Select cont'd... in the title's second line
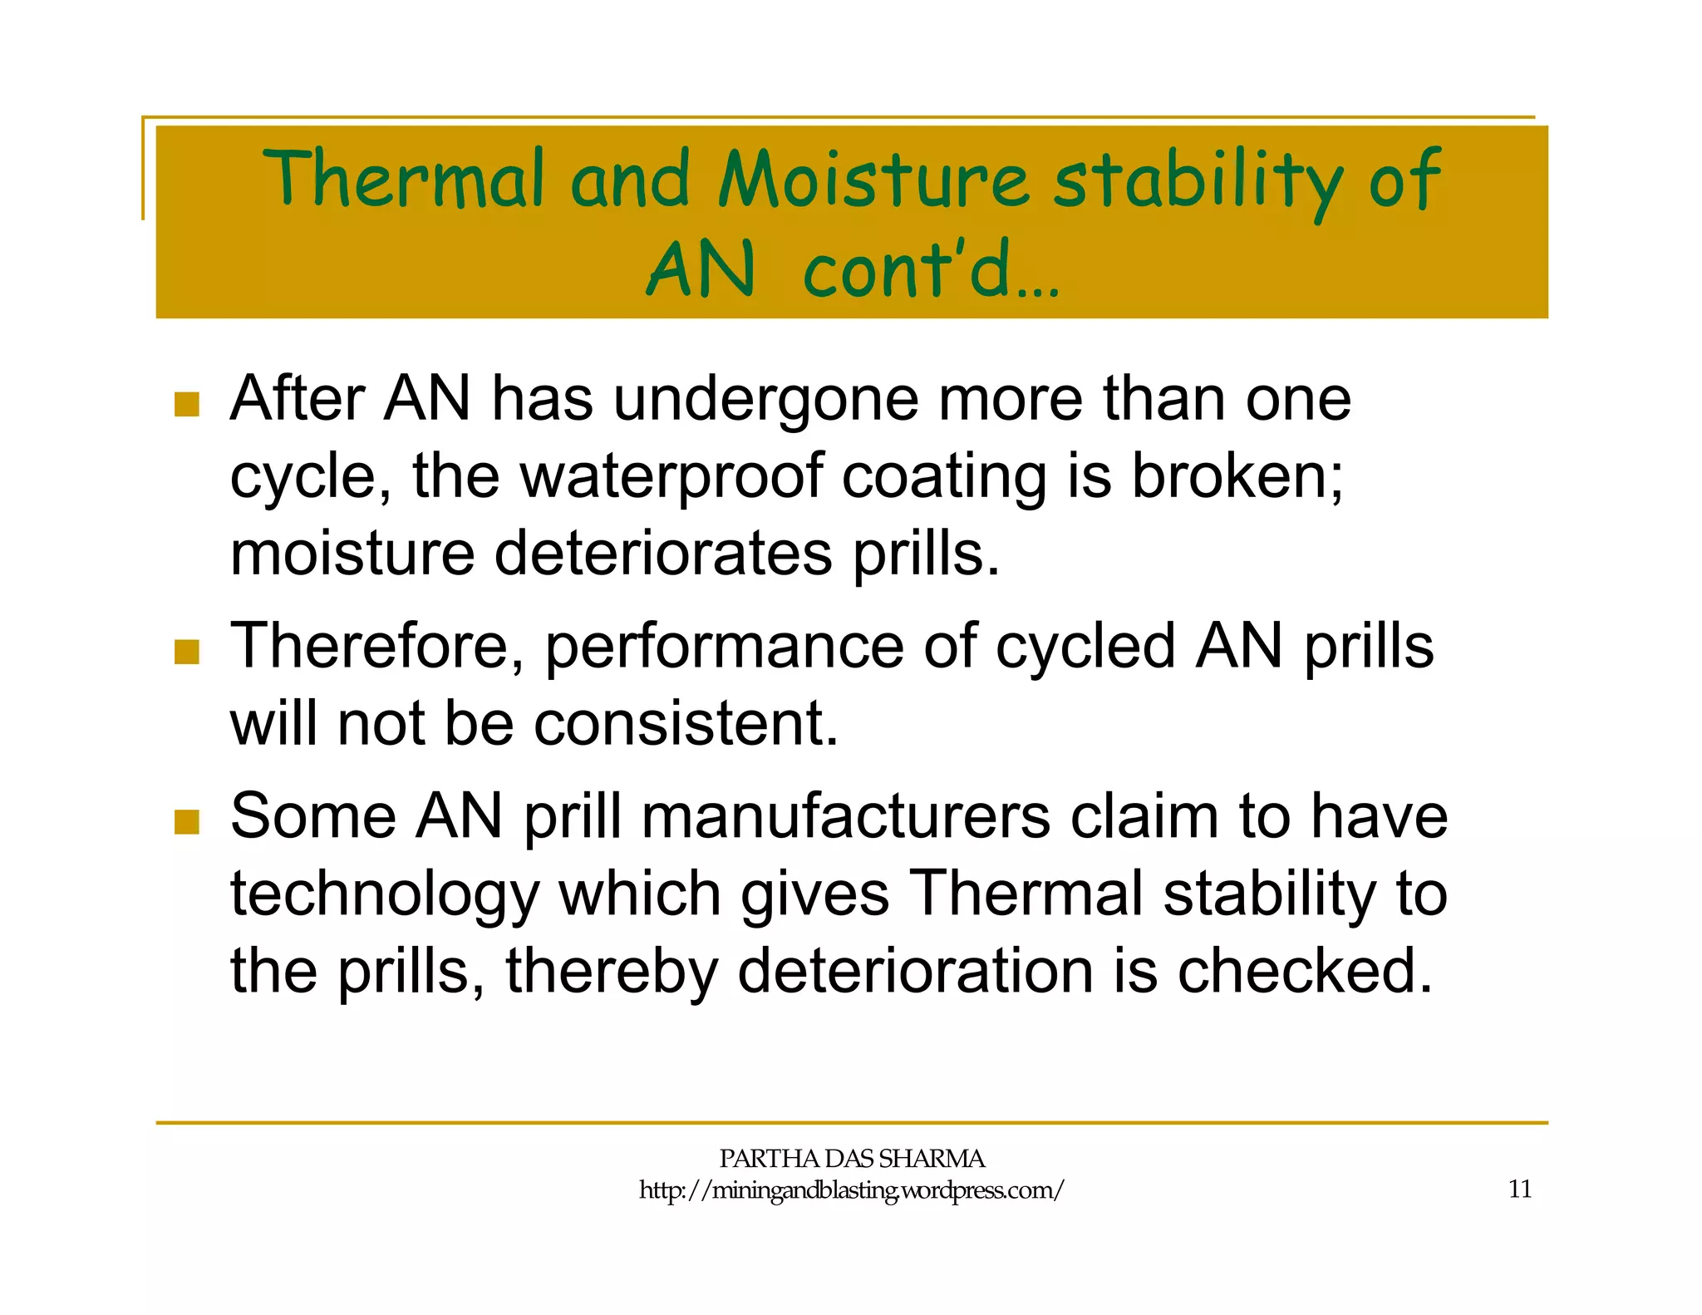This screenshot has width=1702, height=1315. [x=931, y=270]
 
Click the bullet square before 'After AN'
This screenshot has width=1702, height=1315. [x=187, y=405]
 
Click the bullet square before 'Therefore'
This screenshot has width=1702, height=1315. [x=187, y=652]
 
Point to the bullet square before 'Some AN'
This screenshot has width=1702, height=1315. [x=187, y=822]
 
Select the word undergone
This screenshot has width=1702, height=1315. [x=765, y=401]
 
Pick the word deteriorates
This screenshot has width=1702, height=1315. [x=662, y=554]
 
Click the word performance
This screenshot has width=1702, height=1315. [x=723, y=647]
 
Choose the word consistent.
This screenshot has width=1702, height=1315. [x=686, y=723]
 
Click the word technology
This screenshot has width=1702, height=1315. [x=384, y=896]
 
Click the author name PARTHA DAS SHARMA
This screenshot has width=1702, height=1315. [x=851, y=1158]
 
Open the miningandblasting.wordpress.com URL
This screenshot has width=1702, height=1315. [x=851, y=1190]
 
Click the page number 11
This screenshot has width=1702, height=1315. [x=1519, y=1189]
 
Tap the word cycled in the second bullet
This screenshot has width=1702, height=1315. [x=1085, y=647]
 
